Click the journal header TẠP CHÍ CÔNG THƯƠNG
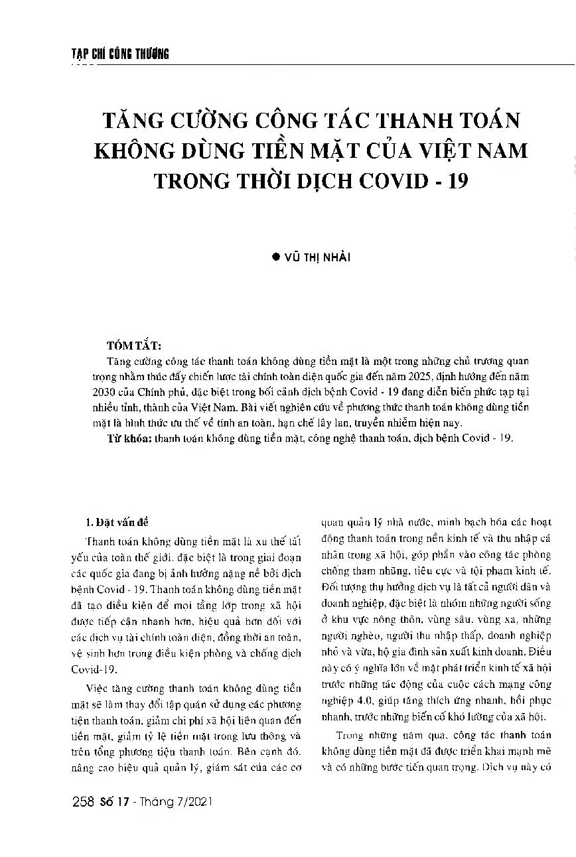[120, 54]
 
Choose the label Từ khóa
[128, 438]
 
